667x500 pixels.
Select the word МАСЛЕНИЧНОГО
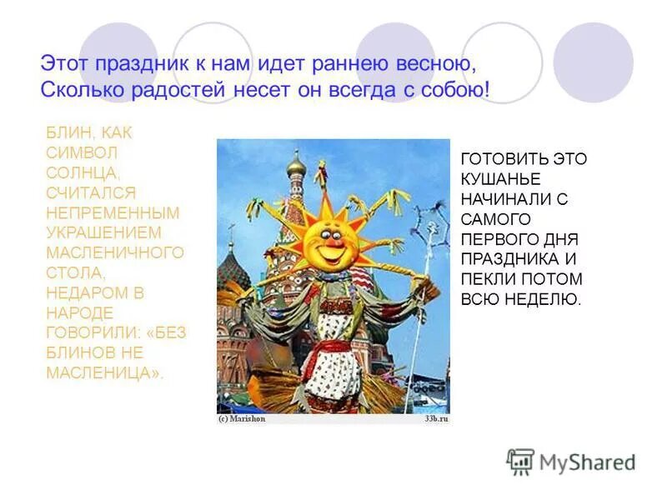pyautogui.click(x=115, y=252)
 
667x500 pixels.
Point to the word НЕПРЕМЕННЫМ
pyautogui.click(x=113, y=212)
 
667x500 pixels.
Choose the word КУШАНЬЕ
pyautogui.click(x=500, y=179)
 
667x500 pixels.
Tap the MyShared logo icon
pyautogui.click(x=520, y=461)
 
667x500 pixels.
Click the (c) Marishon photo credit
pyautogui.click(x=242, y=419)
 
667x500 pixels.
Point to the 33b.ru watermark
pyautogui.click(x=435, y=419)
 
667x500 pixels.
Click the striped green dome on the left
pyautogui.click(x=233, y=271)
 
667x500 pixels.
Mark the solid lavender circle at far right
pyautogui.click(x=594, y=62)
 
